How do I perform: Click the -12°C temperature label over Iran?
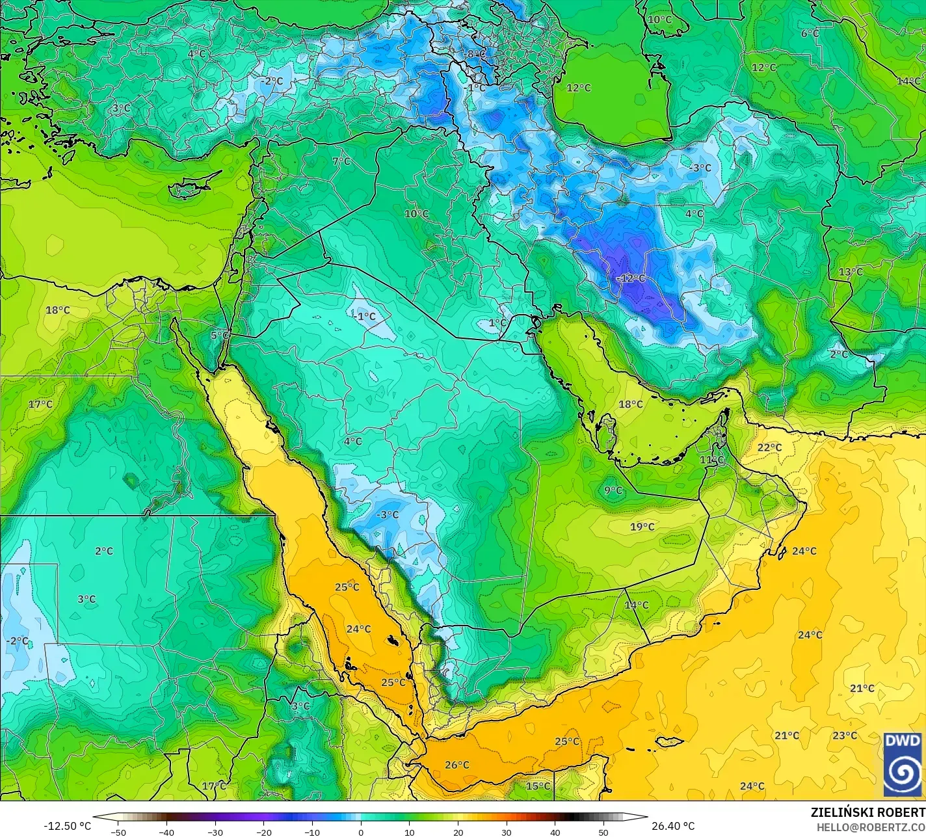(630, 278)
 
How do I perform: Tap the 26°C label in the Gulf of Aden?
(457, 765)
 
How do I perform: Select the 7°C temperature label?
(341, 161)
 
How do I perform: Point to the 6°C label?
(810, 33)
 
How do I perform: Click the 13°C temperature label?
(851, 272)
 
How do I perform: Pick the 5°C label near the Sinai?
(220, 336)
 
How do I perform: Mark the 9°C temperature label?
(613, 490)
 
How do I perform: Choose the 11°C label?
(711, 460)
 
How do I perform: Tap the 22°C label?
(769, 447)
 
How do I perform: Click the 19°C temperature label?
(642, 527)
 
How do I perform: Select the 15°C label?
(538, 786)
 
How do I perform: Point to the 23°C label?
(845, 736)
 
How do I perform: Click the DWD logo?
(903, 764)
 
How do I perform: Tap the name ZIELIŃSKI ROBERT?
(867, 813)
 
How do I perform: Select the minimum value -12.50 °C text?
(68, 826)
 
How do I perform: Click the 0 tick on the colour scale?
(361, 832)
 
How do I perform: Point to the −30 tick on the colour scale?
(215, 832)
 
